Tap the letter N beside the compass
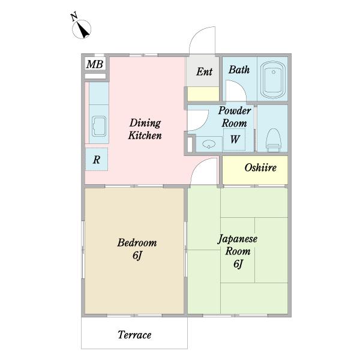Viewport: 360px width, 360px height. click(x=74, y=17)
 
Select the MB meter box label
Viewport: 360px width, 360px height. click(x=95, y=64)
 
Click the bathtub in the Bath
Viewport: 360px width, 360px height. click(x=272, y=79)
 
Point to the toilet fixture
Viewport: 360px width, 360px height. click(x=273, y=140)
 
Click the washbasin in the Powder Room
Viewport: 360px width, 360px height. click(x=209, y=145)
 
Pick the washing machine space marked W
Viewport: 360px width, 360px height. click(x=235, y=139)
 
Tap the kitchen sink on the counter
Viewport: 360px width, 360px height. click(x=99, y=126)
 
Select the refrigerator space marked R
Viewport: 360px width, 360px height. click(x=97, y=159)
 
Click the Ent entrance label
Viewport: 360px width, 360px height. click(x=205, y=71)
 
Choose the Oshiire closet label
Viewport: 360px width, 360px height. click(x=260, y=167)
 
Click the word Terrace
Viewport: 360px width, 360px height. click(x=134, y=335)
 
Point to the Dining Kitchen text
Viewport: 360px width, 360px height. click(x=145, y=129)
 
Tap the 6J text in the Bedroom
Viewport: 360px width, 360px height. click(x=137, y=256)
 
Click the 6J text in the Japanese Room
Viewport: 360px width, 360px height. click(x=238, y=263)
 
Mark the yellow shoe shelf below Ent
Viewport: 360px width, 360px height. click(x=203, y=94)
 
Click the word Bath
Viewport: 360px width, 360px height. click(x=239, y=70)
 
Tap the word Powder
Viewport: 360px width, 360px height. click(x=235, y=110)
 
